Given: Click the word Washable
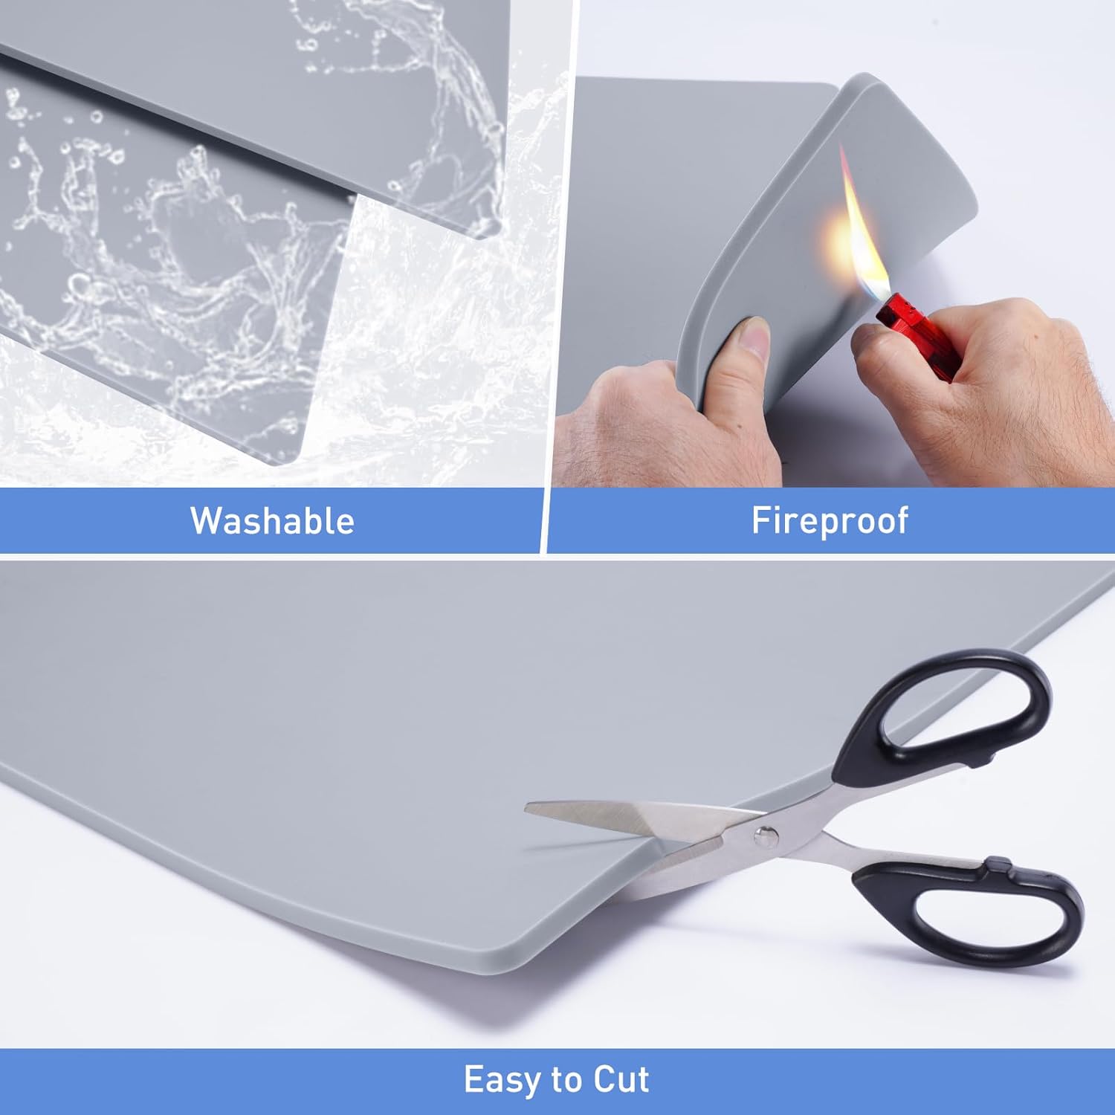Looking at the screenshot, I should [x=272, y=520].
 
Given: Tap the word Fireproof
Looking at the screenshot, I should [x=830, y=520].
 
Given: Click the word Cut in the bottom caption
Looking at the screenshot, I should [x=621, y=1079].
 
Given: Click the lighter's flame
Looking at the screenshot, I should [x=855, y=223].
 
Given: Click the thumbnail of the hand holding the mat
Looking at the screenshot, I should [x=752, y=338].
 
